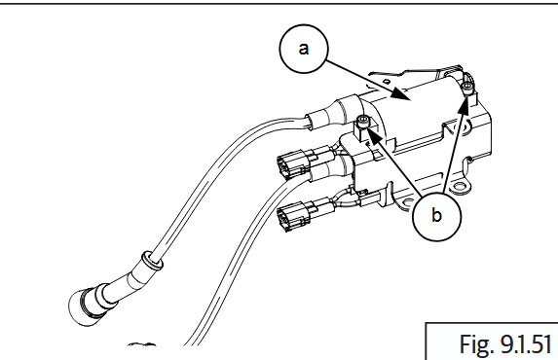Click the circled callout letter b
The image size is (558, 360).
pyautogui.click(x=435, y=215)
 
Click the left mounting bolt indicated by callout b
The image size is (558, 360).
pyautogui.click(x=363, y=124)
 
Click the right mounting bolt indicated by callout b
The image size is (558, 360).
pyautogui.click(x=468, y=90)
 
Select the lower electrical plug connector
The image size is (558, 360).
pyautogui.click(x=296, y=216)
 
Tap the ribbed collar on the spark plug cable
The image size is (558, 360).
pyautogui.click(x=147, y=260)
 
